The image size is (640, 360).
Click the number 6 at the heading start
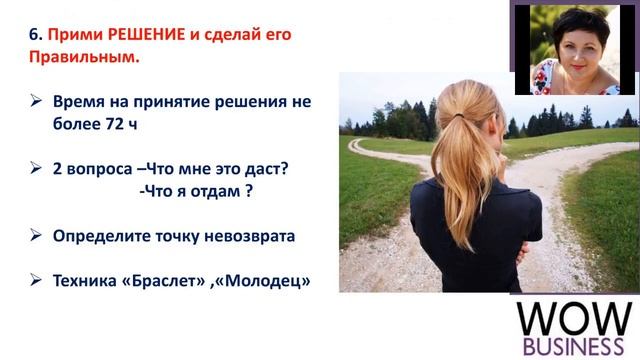coord(32,35)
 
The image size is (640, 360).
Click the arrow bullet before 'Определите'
coord(35,236)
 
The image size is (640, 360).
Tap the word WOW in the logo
coord(575,317)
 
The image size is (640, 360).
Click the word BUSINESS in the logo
coord(575,346)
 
